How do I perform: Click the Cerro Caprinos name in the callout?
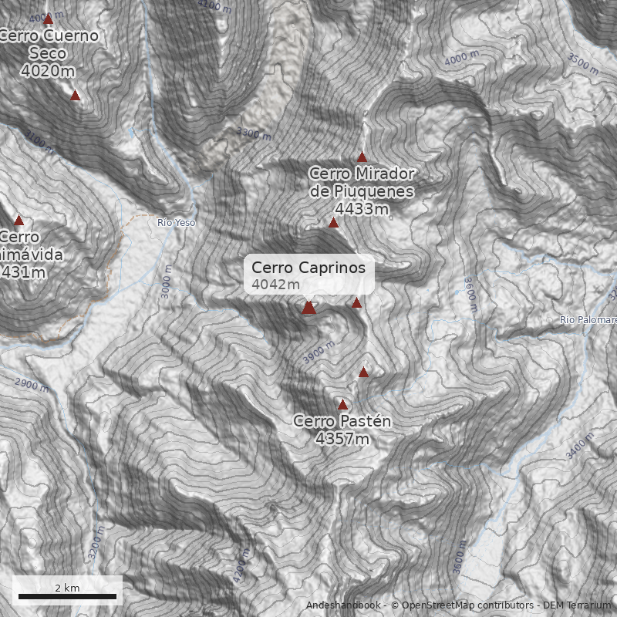point(308,268)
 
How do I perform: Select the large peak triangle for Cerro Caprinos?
point(308,308)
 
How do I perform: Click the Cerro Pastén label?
point(342,421)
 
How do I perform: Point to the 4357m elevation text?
point(342,439)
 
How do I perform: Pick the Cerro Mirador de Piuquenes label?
point(362,182)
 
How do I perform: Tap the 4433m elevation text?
point(362,209)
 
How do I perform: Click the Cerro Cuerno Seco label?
point(48,44)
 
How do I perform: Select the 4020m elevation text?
point(48,71)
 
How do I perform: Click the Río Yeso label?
point(177,222)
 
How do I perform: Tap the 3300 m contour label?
point(255,133)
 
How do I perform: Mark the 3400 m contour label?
point(582,445)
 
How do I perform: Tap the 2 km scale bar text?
point(67,588)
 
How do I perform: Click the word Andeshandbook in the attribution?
point(342,605)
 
